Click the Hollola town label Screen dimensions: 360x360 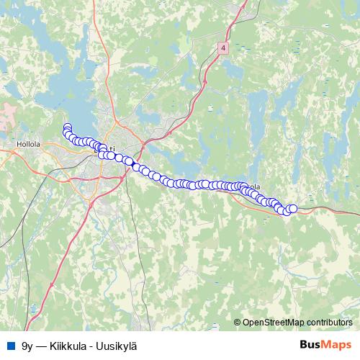(27, 144)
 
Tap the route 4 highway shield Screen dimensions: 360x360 (223, 47)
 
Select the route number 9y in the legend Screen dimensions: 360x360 (27, 345)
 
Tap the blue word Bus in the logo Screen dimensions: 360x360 (311, 344)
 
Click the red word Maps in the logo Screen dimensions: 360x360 (337, 344)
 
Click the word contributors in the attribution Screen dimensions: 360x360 (330, 323)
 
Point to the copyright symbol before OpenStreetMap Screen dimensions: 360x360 (238, 323)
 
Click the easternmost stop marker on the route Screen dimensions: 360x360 (293, 208)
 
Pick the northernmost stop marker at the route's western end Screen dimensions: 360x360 (67, 127)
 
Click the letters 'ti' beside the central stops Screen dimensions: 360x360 (112, 140)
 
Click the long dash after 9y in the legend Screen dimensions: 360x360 (42, 345)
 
